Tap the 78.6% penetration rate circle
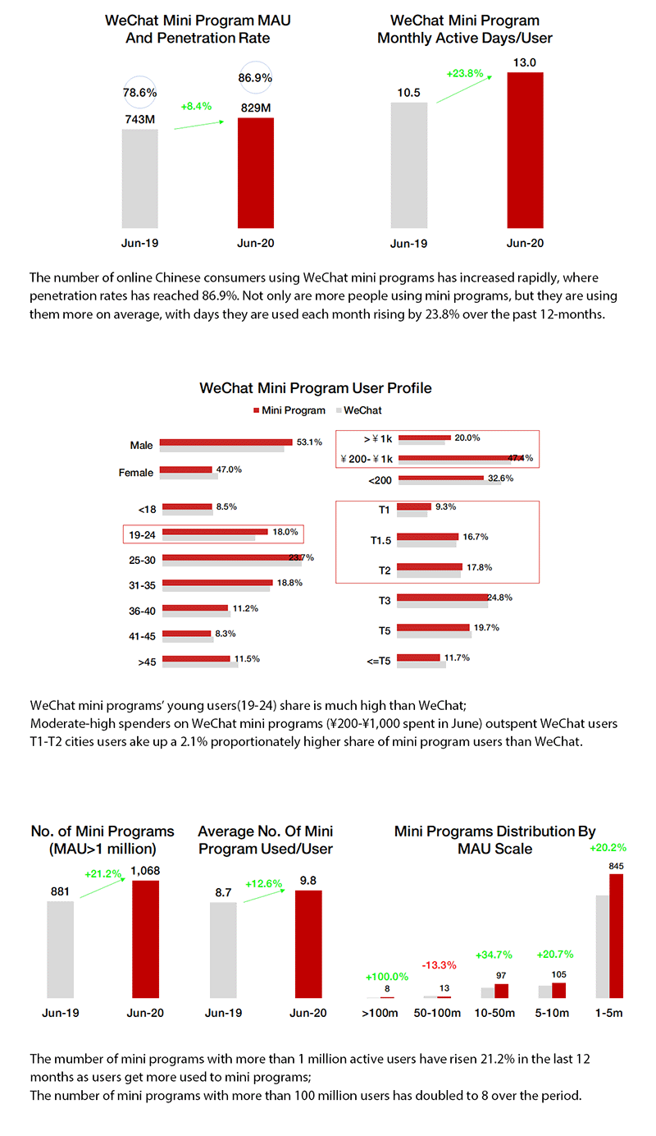(x=139, y=93)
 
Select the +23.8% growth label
(x=463, y=73)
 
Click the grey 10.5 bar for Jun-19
(x=408, y=164)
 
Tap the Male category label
(x=141, y=445)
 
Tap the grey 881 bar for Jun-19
(x=60, y=949)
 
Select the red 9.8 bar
(x=308, y=944)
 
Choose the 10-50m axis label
(x=494, y=1014)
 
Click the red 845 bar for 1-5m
(x=616, y=936)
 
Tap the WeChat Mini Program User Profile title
(x=316, y=387)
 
